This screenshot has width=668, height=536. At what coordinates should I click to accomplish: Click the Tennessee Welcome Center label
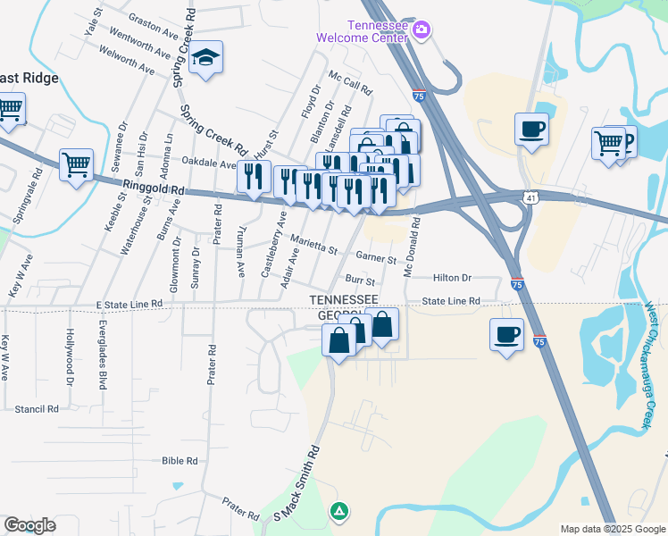[x=363, y=32]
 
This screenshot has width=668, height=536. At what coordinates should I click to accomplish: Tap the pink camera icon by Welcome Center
[x=422, y=30]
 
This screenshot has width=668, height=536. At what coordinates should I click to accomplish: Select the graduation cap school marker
[x=206, y=59]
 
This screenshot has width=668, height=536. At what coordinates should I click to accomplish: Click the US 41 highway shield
[x=530, y=195]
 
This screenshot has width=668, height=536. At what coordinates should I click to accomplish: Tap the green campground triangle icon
[x=338, y=511]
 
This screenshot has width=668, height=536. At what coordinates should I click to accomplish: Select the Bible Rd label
[x=179, y=461]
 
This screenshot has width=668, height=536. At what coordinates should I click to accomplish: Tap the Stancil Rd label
[x=37, y=408]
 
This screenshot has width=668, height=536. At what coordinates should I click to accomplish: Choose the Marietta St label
[x=313, y=243]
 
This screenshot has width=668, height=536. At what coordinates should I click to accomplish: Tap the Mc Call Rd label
[x=349, y=84]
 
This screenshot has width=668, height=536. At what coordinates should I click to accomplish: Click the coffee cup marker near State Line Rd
[x=506, y=334]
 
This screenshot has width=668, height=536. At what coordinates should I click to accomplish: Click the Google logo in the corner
[x=29, y=525]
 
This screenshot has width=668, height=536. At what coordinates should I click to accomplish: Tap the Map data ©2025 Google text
[x=612, y=529]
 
